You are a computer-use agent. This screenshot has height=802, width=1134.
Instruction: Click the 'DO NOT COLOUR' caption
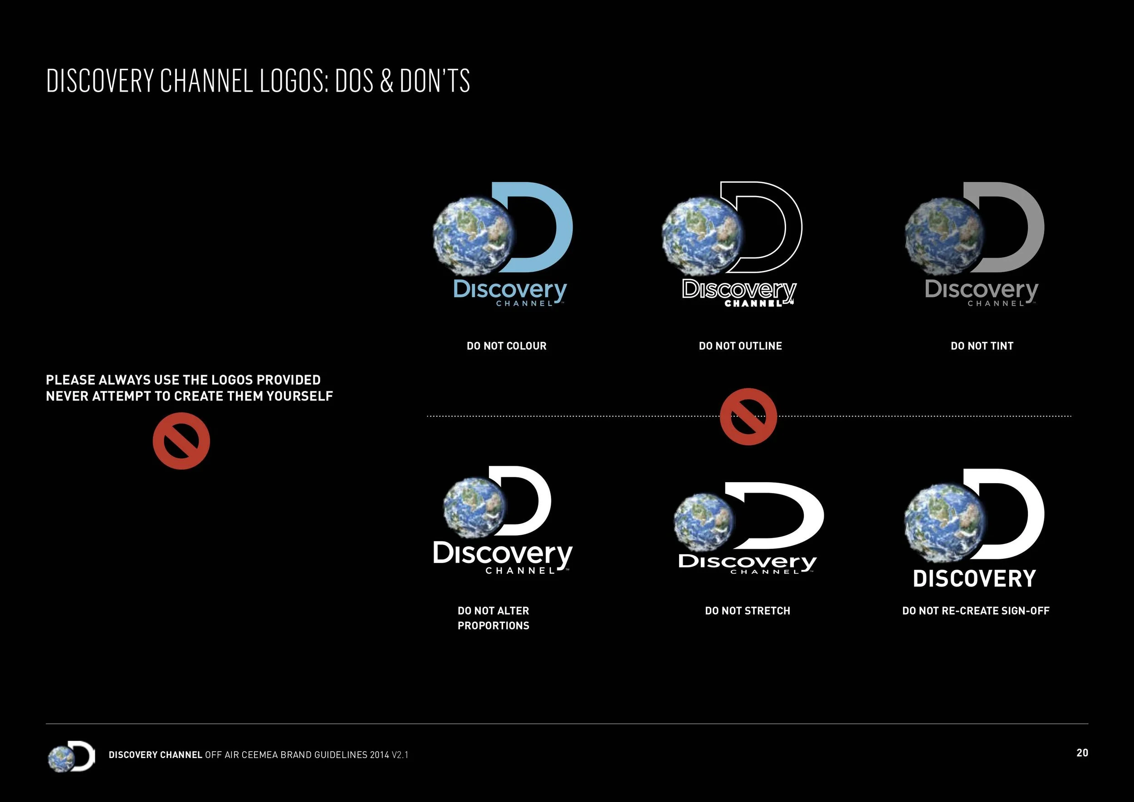[506, 346]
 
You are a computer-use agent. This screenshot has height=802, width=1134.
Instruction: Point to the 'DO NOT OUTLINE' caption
[740, 346]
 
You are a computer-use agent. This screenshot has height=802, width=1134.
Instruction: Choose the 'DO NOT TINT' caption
[982, 346]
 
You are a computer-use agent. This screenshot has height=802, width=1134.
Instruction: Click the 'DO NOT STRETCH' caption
[747, 611]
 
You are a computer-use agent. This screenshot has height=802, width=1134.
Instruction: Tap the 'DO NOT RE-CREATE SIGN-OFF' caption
[975, 611]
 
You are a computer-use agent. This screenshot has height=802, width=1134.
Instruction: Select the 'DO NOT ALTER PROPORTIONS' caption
[493, 618]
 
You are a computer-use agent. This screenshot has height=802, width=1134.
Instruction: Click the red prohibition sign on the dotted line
[748, 416]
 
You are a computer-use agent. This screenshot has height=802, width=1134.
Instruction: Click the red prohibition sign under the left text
[181, 441]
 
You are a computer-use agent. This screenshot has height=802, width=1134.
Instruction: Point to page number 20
[1082, 753]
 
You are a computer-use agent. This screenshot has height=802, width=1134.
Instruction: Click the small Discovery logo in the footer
[71, 756]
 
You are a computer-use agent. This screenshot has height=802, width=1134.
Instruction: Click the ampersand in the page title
[387, 81]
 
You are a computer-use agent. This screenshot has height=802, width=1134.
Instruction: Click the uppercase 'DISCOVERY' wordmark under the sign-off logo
[974, 578]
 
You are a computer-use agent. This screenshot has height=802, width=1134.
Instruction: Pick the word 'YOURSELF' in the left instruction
[299, 396]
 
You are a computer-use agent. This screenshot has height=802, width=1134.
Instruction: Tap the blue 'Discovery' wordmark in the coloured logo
[510, 290]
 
